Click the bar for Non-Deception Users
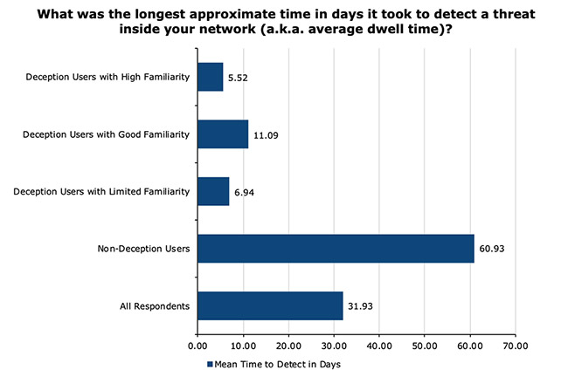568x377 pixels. pos(336,249)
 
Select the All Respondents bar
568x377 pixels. pos(270,305)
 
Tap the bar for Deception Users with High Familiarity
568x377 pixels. pos(211,77)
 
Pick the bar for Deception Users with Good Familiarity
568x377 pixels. pos(223,134)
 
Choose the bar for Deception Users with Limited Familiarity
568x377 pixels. pos(213,191)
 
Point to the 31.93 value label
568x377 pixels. pos(361,306)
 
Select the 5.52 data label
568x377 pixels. pos(239,78)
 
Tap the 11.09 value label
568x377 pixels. pos(266,135)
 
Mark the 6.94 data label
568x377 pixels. pos(245,192)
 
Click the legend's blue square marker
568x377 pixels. pos(210,362)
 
